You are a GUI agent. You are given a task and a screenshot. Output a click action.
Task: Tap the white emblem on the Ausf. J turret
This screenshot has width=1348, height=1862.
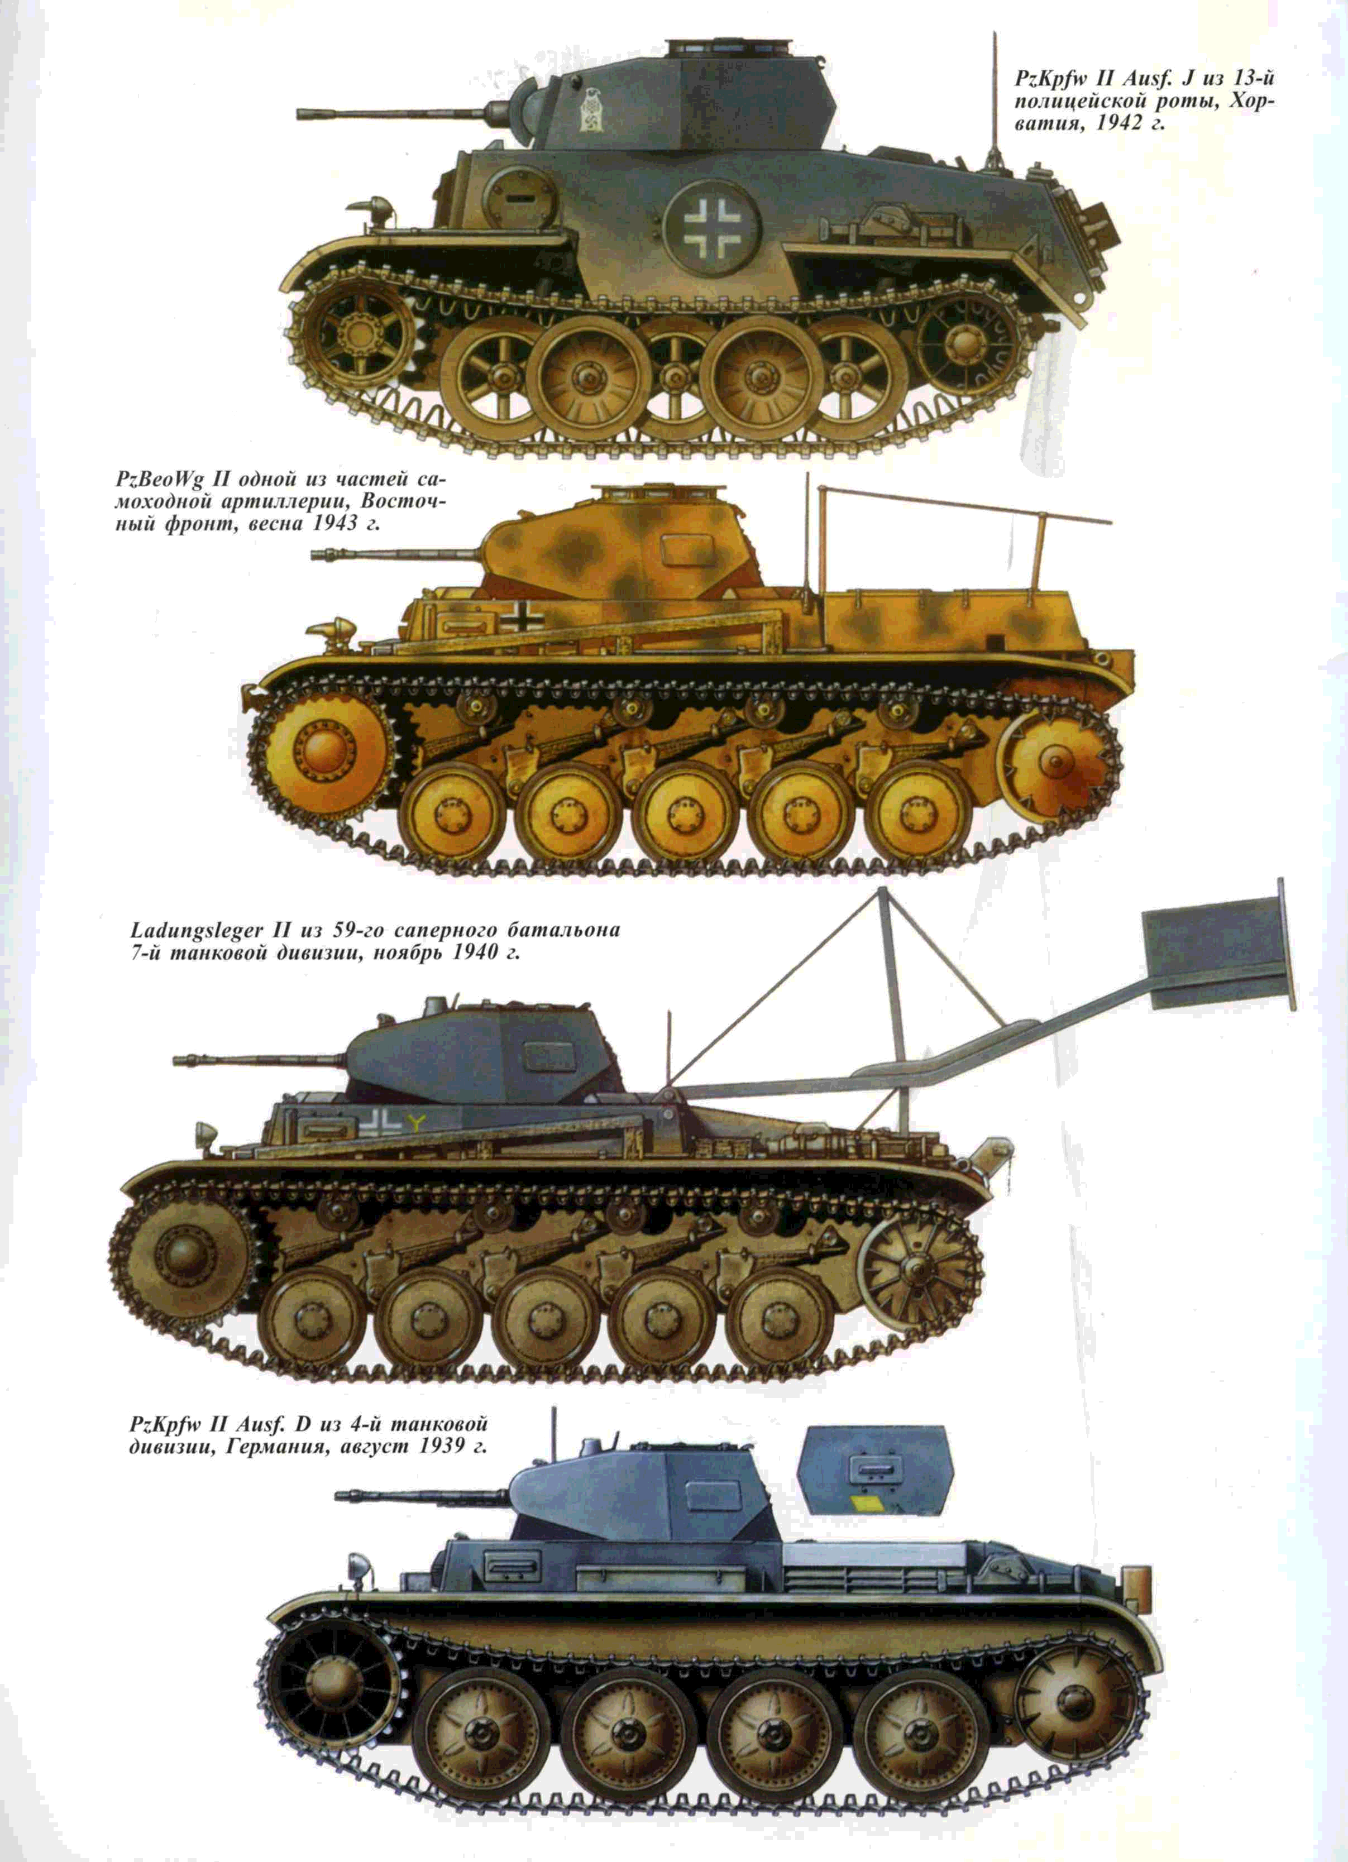click(x=590, y=109)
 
